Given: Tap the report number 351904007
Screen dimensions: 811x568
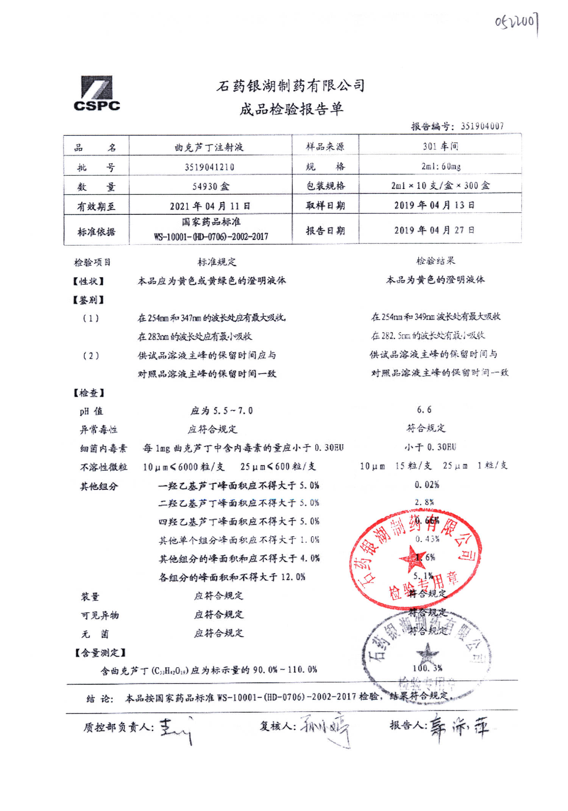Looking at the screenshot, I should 482,126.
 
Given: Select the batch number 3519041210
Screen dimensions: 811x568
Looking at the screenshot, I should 209,167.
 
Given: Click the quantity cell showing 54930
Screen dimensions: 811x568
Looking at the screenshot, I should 211,186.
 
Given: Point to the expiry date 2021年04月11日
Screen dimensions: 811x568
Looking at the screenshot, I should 210,206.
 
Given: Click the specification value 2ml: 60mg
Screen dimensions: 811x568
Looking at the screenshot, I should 441,166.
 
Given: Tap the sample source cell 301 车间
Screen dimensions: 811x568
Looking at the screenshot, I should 440,146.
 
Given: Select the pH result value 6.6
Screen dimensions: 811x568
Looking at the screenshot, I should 424,410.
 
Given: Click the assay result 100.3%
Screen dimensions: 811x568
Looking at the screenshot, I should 427,668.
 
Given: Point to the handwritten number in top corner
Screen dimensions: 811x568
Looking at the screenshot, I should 517,22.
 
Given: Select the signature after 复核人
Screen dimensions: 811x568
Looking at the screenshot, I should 326,729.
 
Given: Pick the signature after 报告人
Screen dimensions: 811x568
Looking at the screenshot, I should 459,727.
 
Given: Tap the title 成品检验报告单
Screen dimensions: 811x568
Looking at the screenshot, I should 291,109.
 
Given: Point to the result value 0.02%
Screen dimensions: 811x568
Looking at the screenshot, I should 427,485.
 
